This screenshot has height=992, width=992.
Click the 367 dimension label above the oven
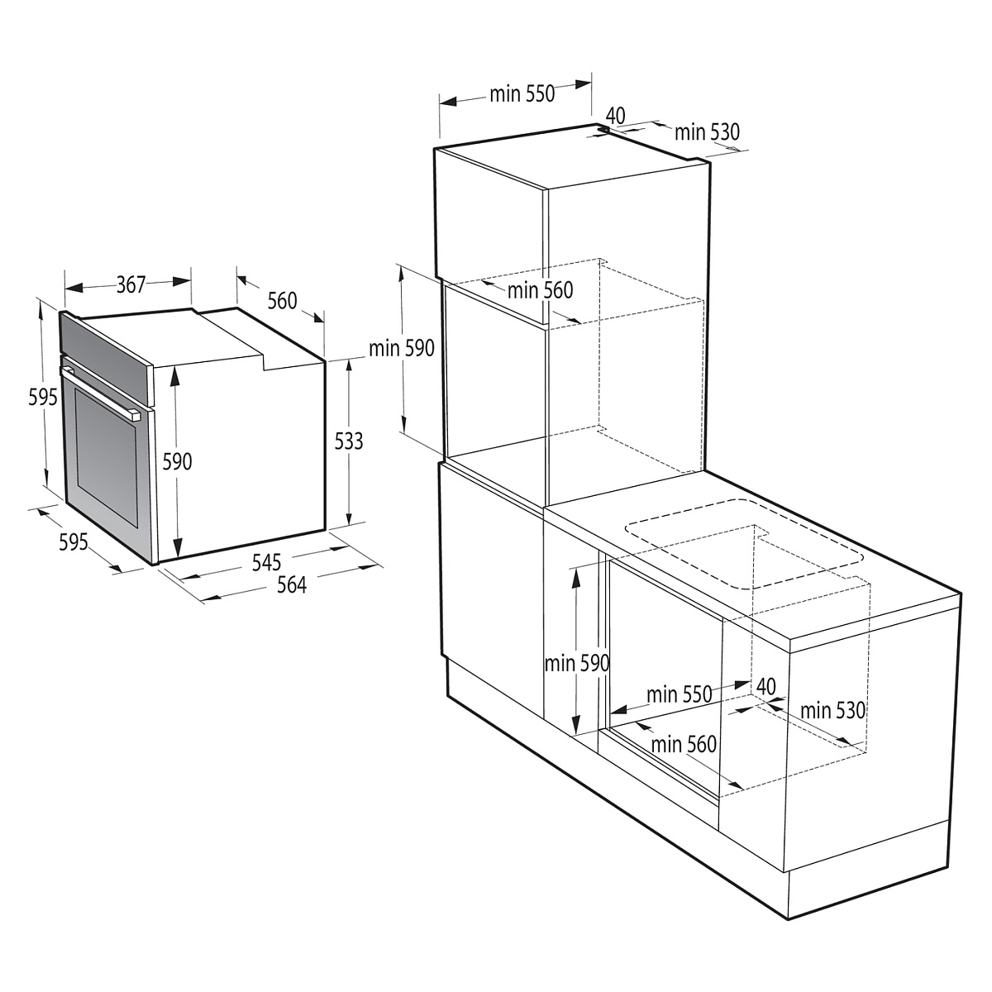click(x=131, y=285)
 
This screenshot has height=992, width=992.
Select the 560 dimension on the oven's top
click(x=282, y=301)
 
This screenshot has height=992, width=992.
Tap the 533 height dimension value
click(x=349, y=441)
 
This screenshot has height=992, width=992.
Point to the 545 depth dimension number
click(x=267, y=563)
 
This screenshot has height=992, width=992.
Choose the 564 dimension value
click(x=291, y=585)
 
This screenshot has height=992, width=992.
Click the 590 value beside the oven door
click(x=176, y=460)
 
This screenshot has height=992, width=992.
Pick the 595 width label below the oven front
click(x=73, y=543)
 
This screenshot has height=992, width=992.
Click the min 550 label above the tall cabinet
click(x=522, y=94)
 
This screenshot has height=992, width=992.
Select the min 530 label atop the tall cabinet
click(x=707, y=131)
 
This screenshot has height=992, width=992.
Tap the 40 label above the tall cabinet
click(x=615, y=115)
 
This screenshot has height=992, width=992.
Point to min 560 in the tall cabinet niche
click(x=540, y=290)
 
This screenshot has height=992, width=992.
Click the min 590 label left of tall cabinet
click(x=402, y=348)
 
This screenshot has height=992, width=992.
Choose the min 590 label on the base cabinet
click(x=576, y=663)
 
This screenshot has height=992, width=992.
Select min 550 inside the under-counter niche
click(x=679, y=694)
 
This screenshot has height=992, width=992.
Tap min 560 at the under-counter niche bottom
click(x=683, y=744)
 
